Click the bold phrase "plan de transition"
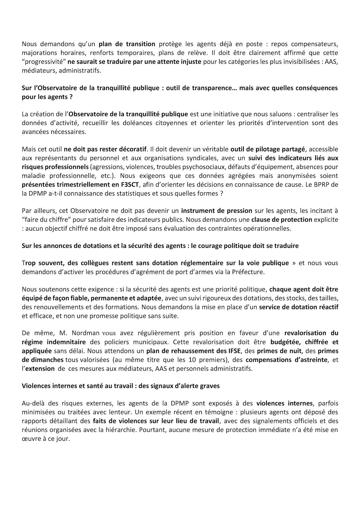(x=127, y=44)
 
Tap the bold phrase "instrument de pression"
(x=216, y=211)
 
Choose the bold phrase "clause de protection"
(x=281, y=220)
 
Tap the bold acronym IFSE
(x=234, y=351)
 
